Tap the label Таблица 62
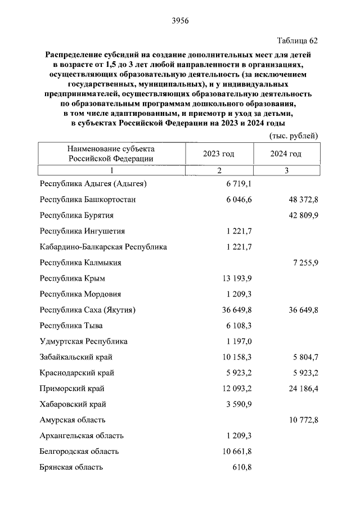pyautogui.click(x=298, y=40)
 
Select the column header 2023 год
pyautogui.click(x=219, y=154)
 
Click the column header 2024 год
pyautogui.click(x=286, y=154)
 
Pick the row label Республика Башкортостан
pyautogui.click(x=88, y=199)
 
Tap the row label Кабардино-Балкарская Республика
pyautogui.click(x=103, y=246)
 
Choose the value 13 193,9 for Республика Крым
pyautogui.click(x=235, y=278)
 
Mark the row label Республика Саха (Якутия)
pyautogui.click(x=88, y=309)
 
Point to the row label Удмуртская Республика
pyautogui.click(x=84, y=341)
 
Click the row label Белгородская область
pyautogui.click(x=79, y=451)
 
